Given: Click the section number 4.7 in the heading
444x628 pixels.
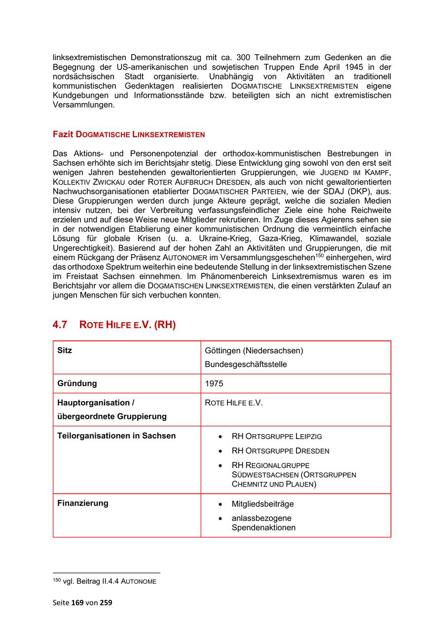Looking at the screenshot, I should [60, 325].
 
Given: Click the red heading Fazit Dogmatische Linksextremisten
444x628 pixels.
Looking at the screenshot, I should [129, 134].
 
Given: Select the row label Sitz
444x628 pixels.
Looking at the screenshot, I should [65, 350].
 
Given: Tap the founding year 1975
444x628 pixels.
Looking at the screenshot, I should [214, 384].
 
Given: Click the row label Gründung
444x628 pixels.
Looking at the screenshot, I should [77, 383].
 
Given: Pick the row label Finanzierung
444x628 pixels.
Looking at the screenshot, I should [83, 503].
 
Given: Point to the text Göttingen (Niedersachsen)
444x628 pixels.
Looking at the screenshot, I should [254, 351].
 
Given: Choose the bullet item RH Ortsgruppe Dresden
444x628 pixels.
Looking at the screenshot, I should [280, 451].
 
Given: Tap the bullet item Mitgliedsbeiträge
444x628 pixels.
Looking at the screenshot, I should [262, 504].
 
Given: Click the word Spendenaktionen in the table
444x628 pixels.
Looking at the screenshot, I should [263, 528].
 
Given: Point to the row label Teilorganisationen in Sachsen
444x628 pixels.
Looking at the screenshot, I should [116, 436].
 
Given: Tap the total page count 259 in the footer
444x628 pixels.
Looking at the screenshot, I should [106, 602].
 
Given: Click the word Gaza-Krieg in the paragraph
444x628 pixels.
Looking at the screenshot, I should [261, 238].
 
